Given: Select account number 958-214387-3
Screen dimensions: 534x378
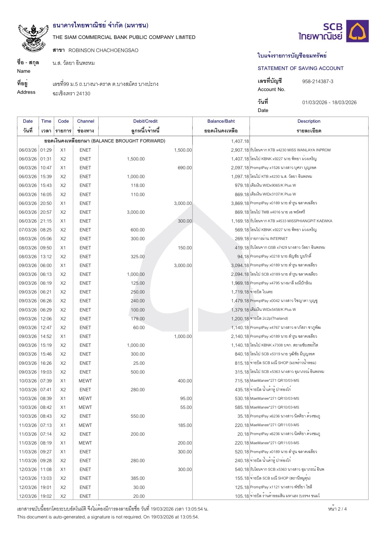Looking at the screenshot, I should (x=318, y=82).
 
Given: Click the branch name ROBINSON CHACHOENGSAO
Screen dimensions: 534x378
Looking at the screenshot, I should (x=103, y=51).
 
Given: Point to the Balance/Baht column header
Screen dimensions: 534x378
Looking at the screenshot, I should (x=221, y=121).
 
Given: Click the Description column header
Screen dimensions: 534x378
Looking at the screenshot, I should (x=309, y=121).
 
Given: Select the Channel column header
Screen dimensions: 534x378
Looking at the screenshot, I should (x=85, y=121).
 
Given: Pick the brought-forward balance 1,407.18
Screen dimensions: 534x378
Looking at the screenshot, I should (x=240, y=141).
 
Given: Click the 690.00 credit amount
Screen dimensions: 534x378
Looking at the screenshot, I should (x=185, y=168).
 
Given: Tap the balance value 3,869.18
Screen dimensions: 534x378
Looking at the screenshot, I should (x=240, y=203).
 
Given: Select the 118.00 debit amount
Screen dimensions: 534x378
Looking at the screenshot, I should (x=138, y=185).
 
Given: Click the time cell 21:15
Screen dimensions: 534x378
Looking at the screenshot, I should (x=46, y=221).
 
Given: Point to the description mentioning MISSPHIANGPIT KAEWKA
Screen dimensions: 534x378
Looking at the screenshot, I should (x=291, y=221).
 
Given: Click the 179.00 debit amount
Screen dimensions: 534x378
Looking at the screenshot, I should (x=138, y=319).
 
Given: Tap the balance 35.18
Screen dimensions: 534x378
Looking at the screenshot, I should (x=243, y=416).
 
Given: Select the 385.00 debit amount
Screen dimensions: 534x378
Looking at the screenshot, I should (x=138, y=478).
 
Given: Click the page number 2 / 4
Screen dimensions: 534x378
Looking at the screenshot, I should (x=337, y=509).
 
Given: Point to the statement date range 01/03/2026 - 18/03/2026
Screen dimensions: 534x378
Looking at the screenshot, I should (x=329, y=103).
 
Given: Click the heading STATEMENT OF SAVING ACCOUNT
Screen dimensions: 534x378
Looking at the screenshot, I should (x=301, y=69).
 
